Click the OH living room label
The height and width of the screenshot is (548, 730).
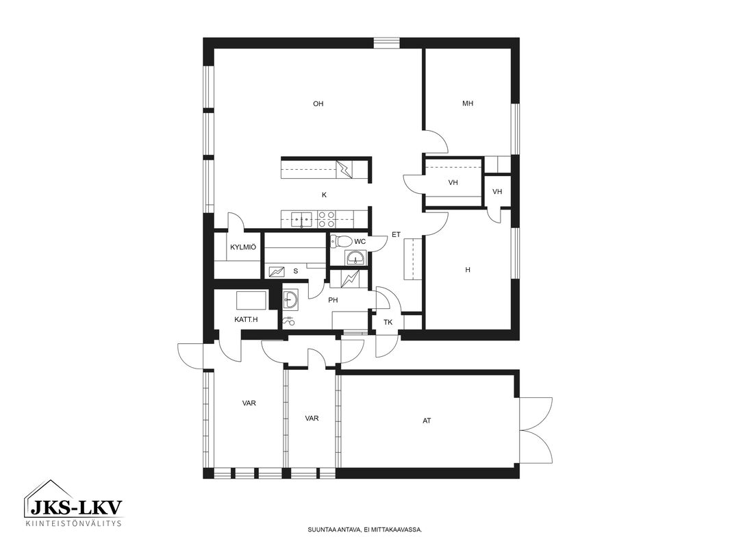[x=318, y=104]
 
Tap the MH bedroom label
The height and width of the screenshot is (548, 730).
[x=468, y=103]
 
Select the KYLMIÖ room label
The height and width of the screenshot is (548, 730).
[x=243, y=247]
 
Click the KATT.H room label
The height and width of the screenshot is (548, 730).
[x=246, y=320]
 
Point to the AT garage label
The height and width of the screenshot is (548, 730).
[x=427, y=421]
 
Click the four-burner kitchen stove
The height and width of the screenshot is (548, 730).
[x=327, y=219]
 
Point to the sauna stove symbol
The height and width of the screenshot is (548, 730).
[x=277, y=271]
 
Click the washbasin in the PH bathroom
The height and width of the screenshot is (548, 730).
[x=292, y=299]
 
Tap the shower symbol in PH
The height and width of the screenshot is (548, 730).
[x=289, y=320]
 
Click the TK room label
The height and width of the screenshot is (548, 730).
[x=388, y=322]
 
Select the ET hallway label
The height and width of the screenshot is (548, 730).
[x=396, y=235]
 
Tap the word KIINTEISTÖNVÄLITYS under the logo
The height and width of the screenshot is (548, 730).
[x=73, y=523]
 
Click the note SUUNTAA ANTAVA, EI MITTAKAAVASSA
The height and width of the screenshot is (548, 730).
[x=365, y=530]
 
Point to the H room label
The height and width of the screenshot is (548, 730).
[x=468, y=270]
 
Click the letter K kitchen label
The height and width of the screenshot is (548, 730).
[x=324, y=195]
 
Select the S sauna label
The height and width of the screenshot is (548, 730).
[x=296, y=271]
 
